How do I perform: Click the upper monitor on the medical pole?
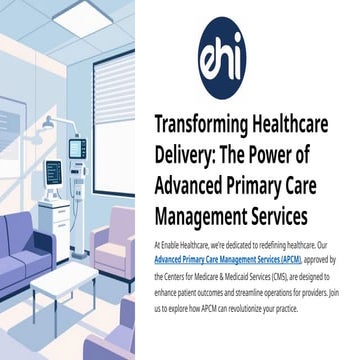click(x=77, y=148)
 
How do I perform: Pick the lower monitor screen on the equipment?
click(x=54, y=171)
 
